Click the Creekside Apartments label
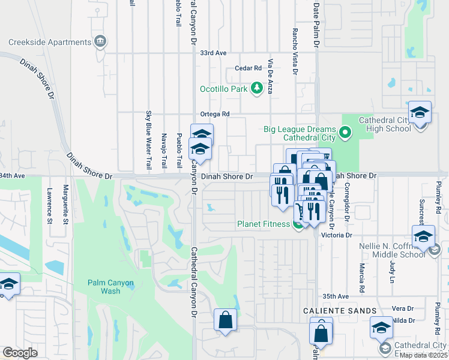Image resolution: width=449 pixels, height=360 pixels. (x=50, y=42)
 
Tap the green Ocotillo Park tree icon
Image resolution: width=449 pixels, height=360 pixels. (x=257, y=89)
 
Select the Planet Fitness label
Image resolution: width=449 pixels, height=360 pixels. (x=263, y=225)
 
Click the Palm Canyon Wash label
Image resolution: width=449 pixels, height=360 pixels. (x=111, y=287)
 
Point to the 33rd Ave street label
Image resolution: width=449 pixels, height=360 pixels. (x=213, y=53)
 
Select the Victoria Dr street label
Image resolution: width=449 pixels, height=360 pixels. (x=336, y=236)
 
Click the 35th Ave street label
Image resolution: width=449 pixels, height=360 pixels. (x=336, y=296)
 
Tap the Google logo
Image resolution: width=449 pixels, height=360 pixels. (x=20, y=353)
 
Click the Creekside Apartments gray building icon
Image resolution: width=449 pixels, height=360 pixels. (x=100, y=42)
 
